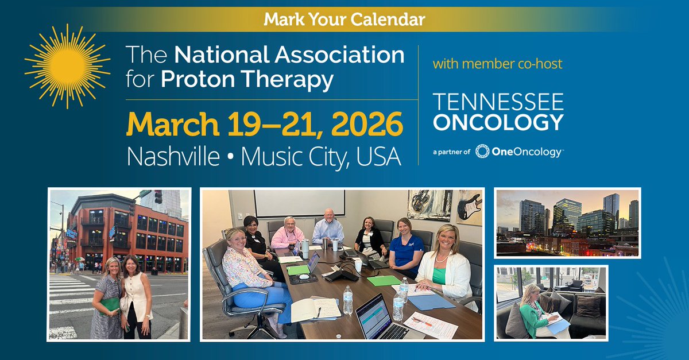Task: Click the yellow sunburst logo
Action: pos(67,66)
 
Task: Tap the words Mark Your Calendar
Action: pos(344,20)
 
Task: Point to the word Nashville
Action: pos(173,157)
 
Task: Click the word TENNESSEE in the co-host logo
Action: pos(498,102)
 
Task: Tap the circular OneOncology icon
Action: pos(482,152)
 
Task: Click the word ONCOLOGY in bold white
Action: pos(498,122)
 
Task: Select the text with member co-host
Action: pos(497,64)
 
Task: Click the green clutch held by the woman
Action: pos(110,305)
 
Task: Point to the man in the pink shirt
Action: pos(287,233)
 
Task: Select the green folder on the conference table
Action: pos(384,281)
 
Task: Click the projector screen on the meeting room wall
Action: pos(300,203)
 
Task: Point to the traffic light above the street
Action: pos(158,196)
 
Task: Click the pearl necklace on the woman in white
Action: pos(442,258)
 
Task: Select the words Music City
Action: pos(295,157)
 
